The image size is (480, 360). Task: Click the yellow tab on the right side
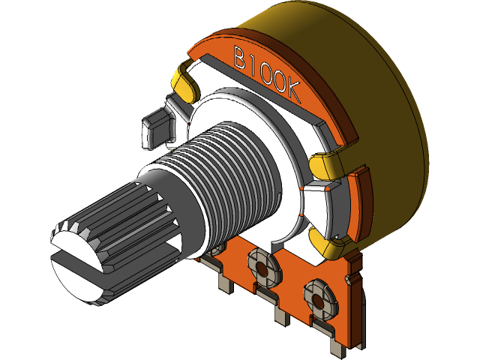point(330,163)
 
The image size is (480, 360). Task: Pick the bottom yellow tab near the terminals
point(328,241)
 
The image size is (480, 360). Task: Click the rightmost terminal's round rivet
point(318,295)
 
